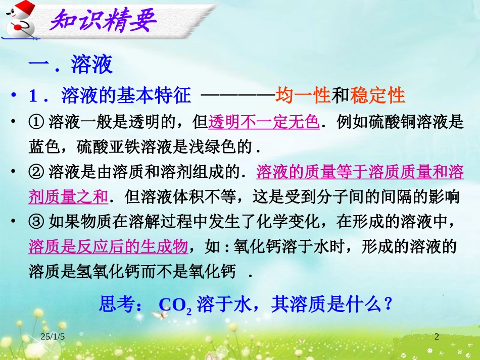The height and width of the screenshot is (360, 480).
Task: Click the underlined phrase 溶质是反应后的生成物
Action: pyautogui.click(x=109, y=247)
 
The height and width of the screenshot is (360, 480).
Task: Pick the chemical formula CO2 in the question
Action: pyautogui.click(x=175, y=305)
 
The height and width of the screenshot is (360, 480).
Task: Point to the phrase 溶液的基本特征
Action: pyautogui.click(x=125, y=95)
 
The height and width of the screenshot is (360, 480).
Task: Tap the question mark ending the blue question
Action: pyautogui.click(x=388, y=304)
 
